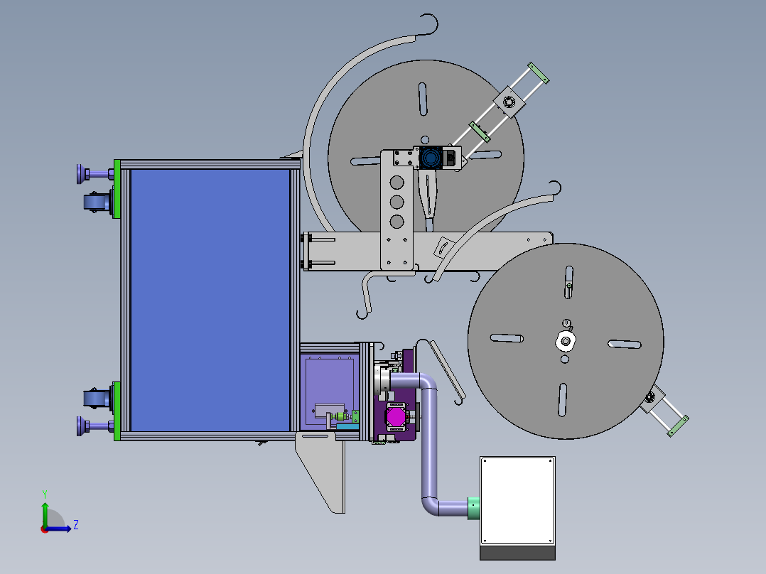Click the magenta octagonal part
tap(395, 417)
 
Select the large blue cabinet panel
tap(210, 300)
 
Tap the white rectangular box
tap(518, 501)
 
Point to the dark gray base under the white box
tap(518, 553)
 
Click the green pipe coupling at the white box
tap(473, 508)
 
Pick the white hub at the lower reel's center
tap(566, 341)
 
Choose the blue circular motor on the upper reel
tap(431, 158)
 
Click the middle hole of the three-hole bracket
tap(397, 202)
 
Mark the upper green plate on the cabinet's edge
tap(117, 188)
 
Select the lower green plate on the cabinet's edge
tap(117, 411)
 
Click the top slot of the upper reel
tap(423, 99)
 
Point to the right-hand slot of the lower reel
tap(625, 345)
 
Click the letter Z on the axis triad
tap(76, 525)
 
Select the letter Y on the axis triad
tap(45, 494)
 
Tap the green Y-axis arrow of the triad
tap(45, 514)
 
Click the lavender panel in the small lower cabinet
tap(329, 391)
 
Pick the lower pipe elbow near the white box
tap(430, 506)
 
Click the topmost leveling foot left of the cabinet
tap(95, 173)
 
